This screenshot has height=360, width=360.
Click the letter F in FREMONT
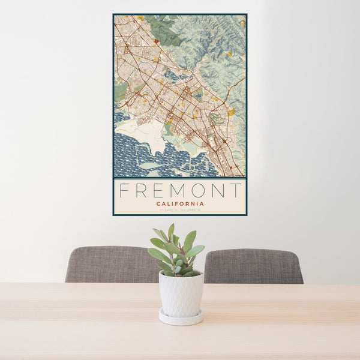(x=124, y=191)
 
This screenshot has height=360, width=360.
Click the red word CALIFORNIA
(x=179, y=204)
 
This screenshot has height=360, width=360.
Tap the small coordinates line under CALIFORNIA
(x=179, y=211)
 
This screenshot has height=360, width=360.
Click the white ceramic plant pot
(x=181, y=293)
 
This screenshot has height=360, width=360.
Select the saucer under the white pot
(x=181, y=317)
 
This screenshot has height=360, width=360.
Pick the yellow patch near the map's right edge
(x=232, y=112)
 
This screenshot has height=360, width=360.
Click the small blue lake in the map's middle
(x=170, y=76)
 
